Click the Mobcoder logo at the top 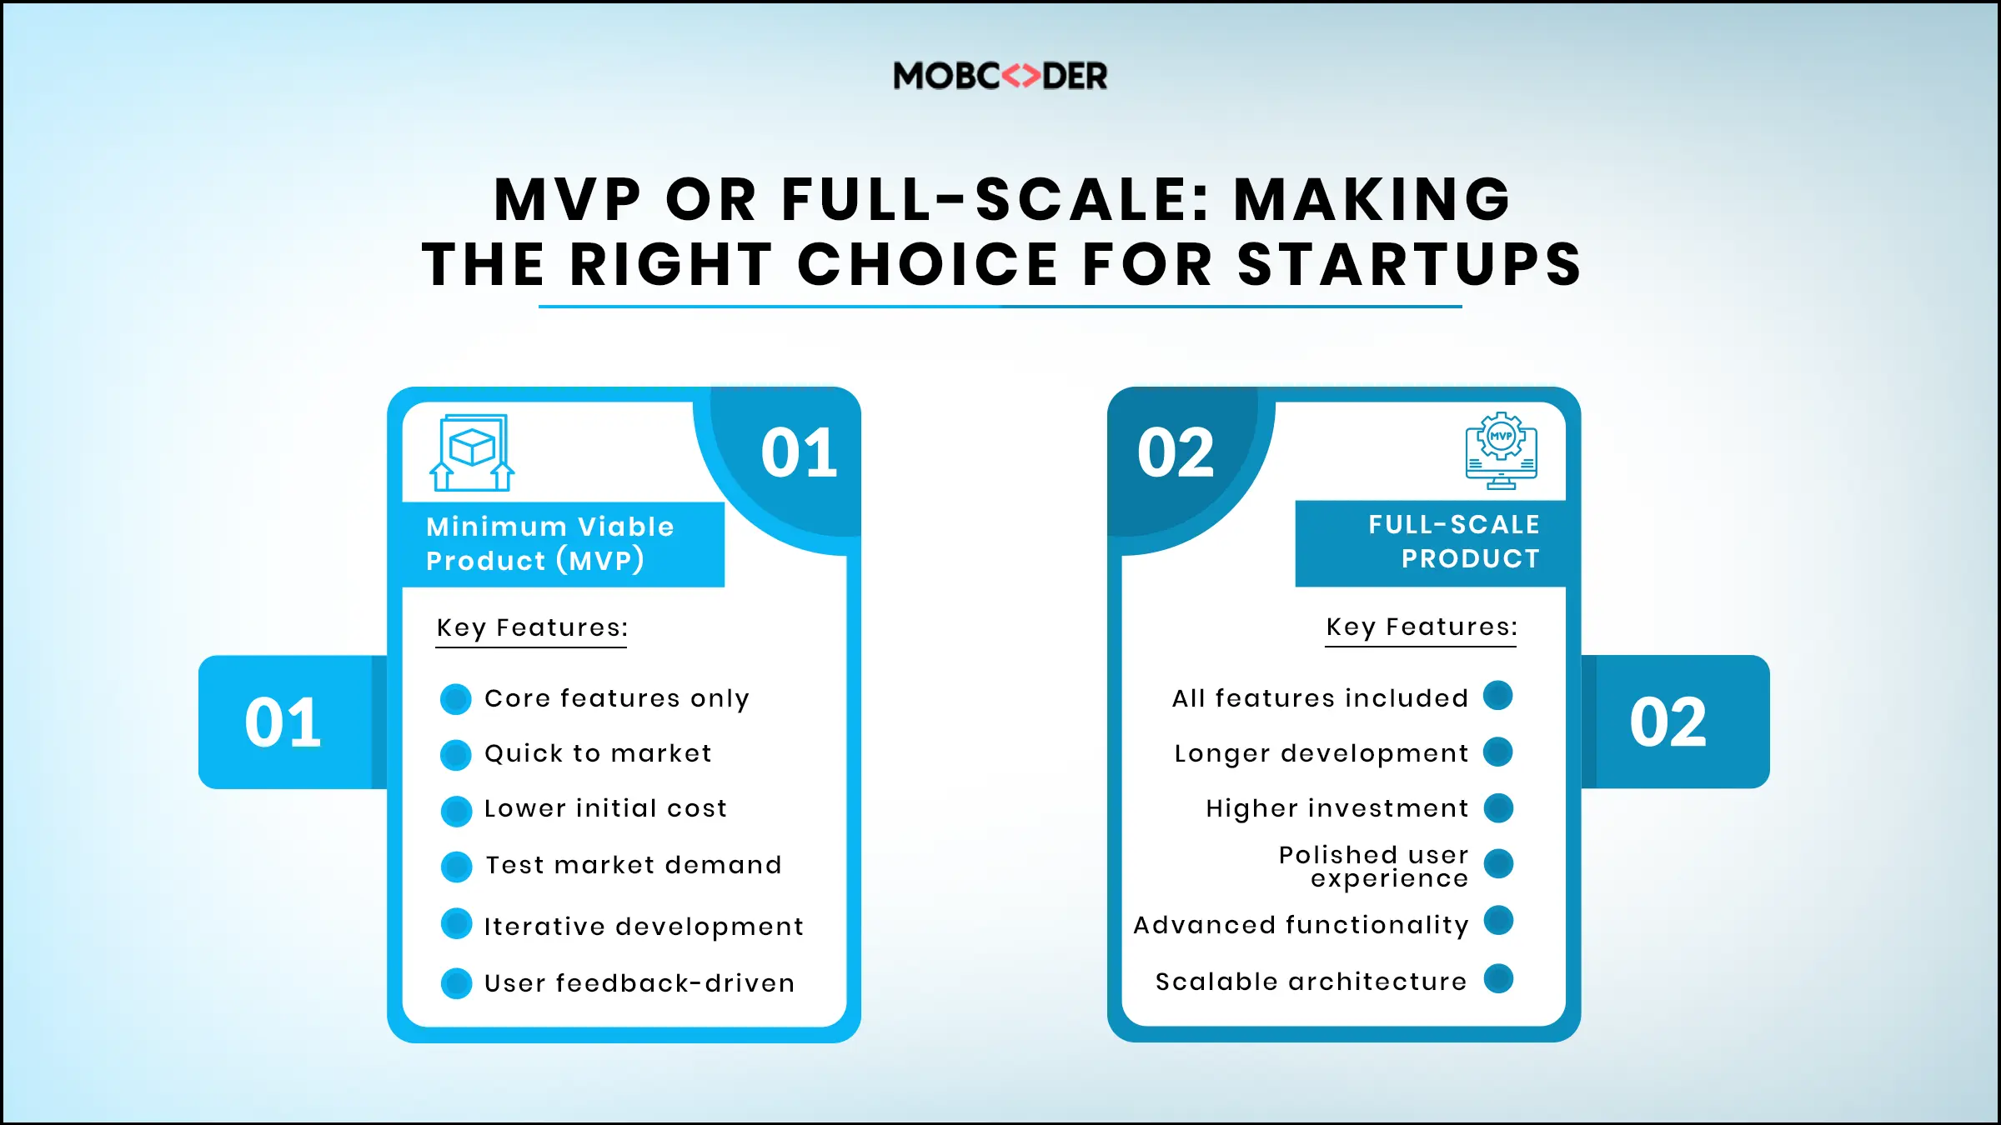coord(1000,76)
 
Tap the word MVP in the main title coord(567,200)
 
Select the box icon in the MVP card coord(472,452)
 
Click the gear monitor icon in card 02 coord(1501,450)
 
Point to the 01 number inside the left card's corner coord(799,453)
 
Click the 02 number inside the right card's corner coord(1176,453)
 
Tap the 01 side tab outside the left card coord(283,722)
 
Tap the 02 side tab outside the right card coord(1667,722)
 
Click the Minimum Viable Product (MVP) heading coord(550,543)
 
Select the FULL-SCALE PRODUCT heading coord(1454,542)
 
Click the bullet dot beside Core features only coord(456,699)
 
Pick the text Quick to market coord(598,753)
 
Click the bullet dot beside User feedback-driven coord(456,983)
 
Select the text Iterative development coord(644,927)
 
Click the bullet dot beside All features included coord(1498,696)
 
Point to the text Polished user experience coord(1373,867)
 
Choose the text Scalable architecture coord(1311,982)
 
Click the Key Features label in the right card coord(1422,627)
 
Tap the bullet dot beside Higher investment coord(1498,807)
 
